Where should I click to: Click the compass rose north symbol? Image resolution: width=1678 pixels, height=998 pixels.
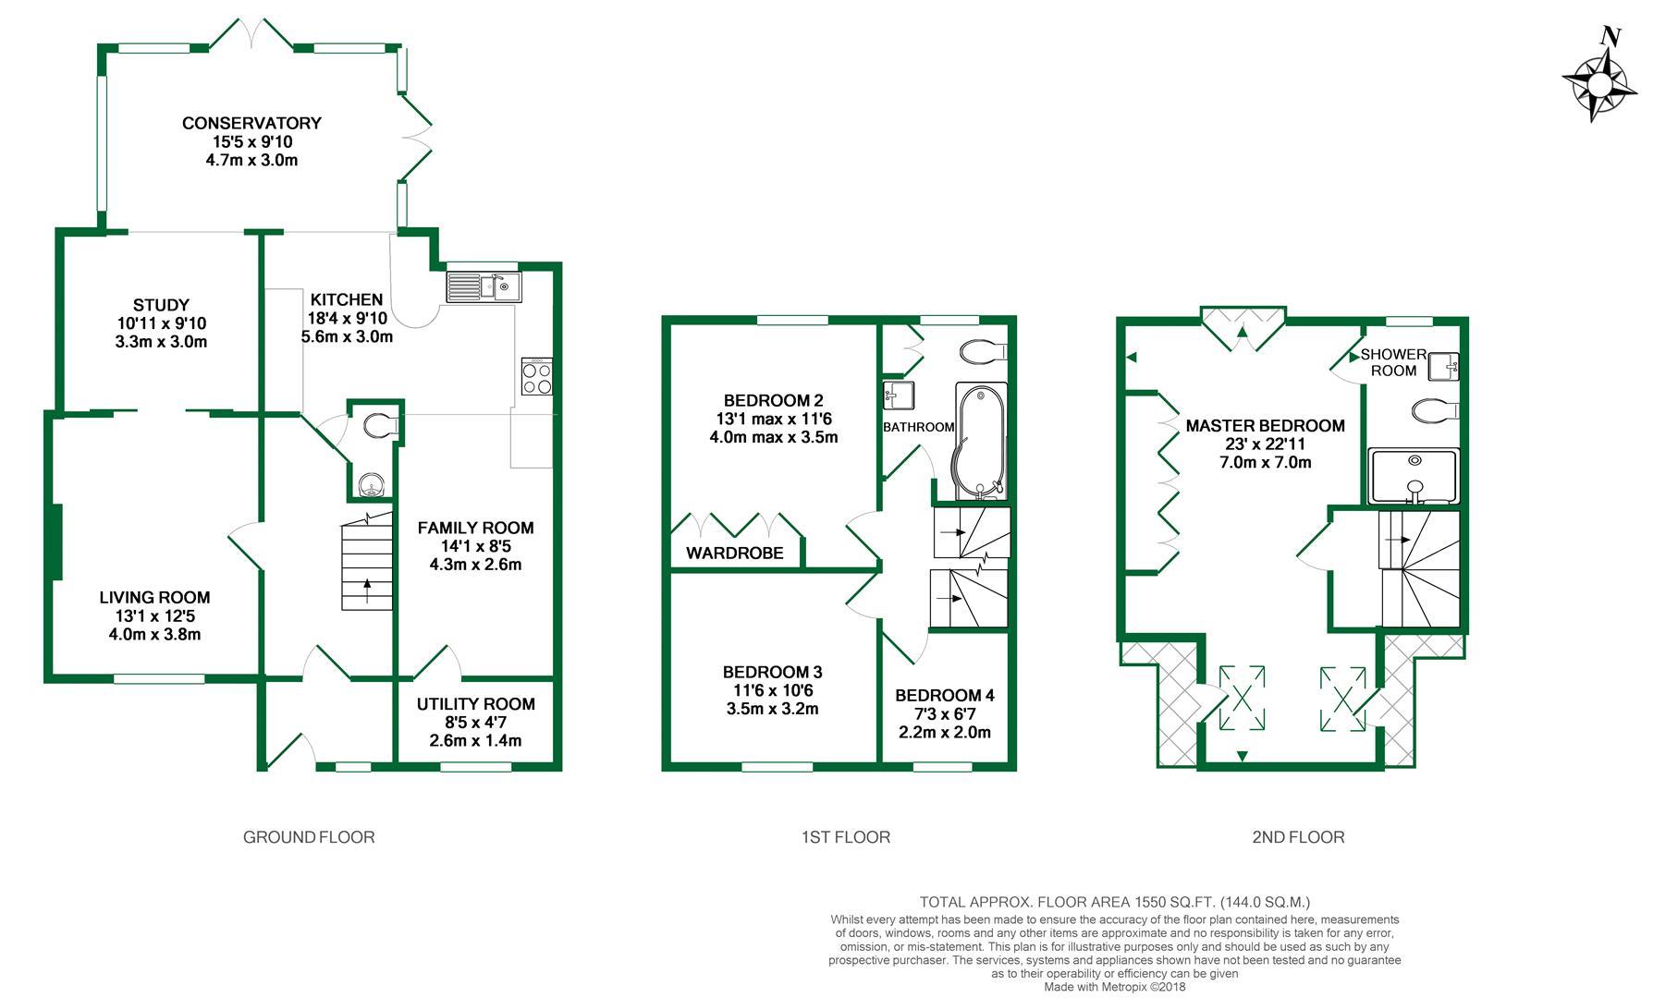click(x=1610, y=38)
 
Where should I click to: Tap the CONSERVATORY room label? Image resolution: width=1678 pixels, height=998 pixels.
click(x=251, y=123)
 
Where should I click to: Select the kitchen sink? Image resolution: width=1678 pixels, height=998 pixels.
click(x=484, y=286)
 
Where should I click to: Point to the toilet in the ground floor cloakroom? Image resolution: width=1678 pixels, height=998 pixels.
click(x=379, y=426)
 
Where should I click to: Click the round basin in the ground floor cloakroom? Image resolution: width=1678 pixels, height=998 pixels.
click(x=372, y=483)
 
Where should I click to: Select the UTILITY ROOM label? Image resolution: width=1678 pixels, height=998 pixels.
click(x=475, y=704)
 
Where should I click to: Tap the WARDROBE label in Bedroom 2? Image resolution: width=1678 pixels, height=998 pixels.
click(x=734, y=554)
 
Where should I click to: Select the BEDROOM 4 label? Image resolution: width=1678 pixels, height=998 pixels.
click(x=944, y=695)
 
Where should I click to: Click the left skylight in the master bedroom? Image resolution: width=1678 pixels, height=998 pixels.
click(x=1242, y=697)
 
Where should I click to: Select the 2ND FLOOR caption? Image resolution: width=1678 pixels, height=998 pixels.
click(x=1298, y=837)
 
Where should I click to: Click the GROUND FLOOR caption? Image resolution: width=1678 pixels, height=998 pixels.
click(x=309, y=837)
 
